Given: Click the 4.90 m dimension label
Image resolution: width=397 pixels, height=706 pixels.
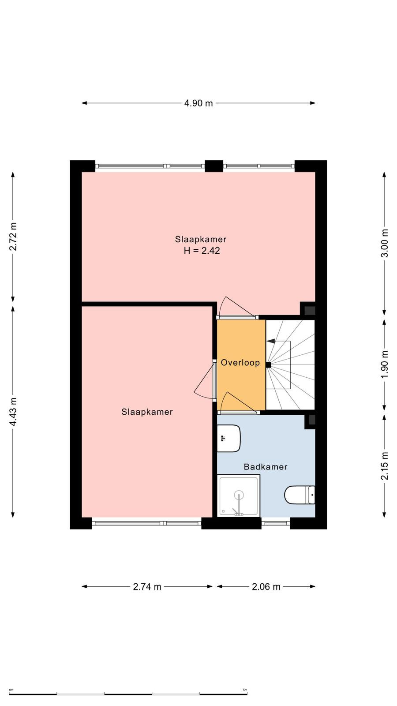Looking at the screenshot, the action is (198, 103).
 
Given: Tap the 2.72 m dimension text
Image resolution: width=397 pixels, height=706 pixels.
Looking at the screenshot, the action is (13, 237).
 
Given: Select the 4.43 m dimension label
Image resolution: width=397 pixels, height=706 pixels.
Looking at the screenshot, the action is (13, 412).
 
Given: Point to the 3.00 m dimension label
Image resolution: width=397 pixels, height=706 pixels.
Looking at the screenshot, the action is (384, 243).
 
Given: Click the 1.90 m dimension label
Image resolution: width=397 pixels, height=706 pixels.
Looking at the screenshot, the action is (384, 364).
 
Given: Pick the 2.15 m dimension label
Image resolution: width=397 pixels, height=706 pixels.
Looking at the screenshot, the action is (384, 466).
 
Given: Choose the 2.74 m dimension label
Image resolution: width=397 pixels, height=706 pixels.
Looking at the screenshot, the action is (147, 586).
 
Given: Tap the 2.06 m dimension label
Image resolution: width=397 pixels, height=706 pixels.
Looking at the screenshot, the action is (266, 586).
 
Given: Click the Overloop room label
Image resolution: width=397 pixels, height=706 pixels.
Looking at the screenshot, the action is (240, 363).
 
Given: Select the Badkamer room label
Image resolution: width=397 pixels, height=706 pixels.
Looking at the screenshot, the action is (266, 467).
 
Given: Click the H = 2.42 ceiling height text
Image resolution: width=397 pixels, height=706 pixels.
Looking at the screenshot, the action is (202, 251).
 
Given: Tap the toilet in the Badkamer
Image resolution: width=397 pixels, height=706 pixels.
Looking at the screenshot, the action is (300, 495).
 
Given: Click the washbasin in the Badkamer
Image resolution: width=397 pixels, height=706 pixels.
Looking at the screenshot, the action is (229, 438).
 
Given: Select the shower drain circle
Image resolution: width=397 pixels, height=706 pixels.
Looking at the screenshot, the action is (239, 494).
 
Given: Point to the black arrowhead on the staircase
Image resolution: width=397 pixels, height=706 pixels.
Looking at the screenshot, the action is (271, 341).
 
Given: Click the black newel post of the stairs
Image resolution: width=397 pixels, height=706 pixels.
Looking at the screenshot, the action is (269, 365).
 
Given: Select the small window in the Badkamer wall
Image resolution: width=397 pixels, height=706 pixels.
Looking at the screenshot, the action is (276, 523).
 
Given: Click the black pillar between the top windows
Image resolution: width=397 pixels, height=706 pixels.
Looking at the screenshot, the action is (214, 166).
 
